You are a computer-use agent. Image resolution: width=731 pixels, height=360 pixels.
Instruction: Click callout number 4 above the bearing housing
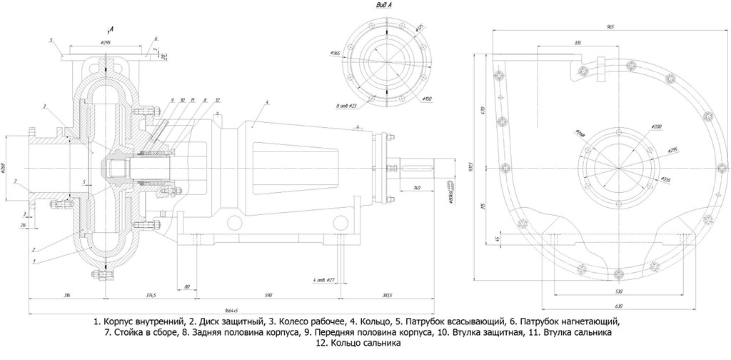(x=266, y=104)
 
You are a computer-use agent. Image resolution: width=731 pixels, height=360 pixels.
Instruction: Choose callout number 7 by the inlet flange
(x=15, y=181)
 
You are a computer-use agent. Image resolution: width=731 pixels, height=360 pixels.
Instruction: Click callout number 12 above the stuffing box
(x=218, y=100)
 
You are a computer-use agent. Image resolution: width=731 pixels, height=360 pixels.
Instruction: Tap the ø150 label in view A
(x=426, y=98)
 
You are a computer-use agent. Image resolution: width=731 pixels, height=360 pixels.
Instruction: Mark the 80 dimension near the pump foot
(x=187, y=286)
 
